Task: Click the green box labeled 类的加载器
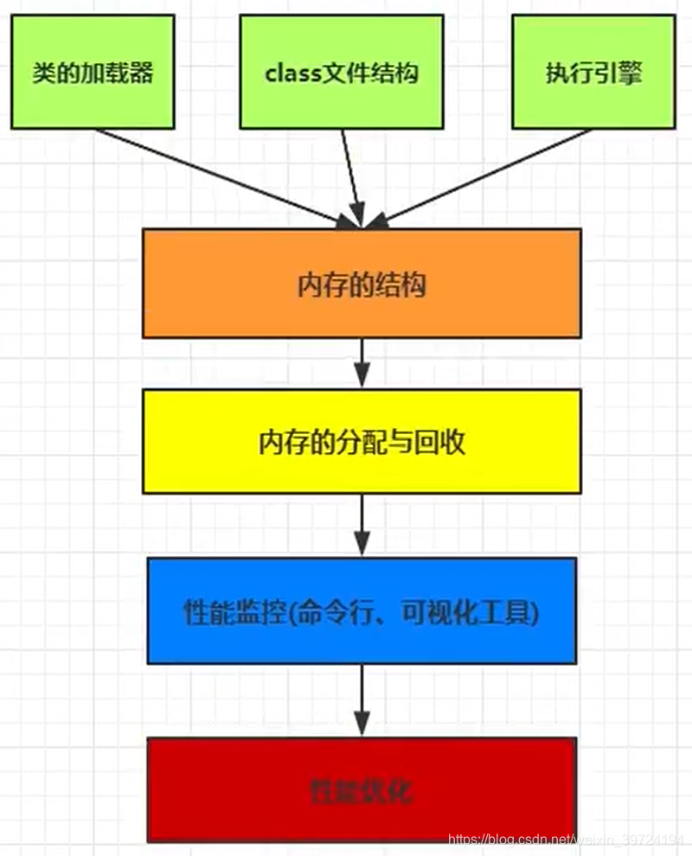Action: click(93, 72)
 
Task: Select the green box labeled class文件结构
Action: click(342, 72)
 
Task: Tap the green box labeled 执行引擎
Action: click(594, 72)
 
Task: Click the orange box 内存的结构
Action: click(362, 284)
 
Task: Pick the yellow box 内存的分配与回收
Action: click(362, 441)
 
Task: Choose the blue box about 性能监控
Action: click(362, 610)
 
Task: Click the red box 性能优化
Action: click(362, 789)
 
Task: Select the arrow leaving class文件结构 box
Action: click(351, 177)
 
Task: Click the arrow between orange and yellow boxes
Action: click(362, 363)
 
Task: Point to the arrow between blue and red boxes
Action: click(362, 699)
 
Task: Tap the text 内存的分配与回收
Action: click(362, 442)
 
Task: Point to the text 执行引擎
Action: click(594, 73)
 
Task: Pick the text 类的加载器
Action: click(93, 73)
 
